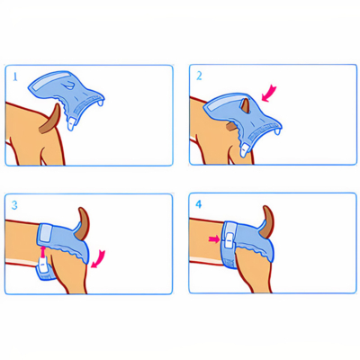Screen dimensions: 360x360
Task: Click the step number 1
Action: (x=15, y=77)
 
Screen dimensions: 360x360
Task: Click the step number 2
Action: (x=199, y=76)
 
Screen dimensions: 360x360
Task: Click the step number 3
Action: (x=14, y=205)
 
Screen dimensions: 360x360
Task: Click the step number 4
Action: (x=199, y=204)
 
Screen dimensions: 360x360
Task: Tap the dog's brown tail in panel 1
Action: (x=51, y=120)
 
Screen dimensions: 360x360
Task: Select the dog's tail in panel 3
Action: (x=82, y=223)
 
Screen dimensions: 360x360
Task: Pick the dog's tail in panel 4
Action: (x=267, y=222)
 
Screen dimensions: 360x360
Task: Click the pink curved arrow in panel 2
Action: (x=269, y=93)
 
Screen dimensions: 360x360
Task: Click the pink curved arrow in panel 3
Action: (x=98, y=258)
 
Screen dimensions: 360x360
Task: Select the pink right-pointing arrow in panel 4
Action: (x=214, y=239)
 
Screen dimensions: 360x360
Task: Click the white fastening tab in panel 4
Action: (x=229, y=239)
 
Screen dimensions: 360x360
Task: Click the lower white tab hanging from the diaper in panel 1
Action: (x=70, y=124)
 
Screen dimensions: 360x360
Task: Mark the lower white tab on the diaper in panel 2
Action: (x=245, y=148)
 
